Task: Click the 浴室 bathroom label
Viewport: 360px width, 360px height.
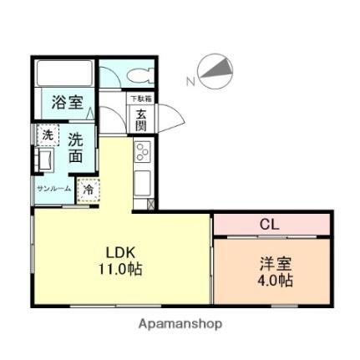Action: coord(67,103)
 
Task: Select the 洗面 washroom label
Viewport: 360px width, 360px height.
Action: coord(76,148)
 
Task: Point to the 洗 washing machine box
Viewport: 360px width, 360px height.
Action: coord(48,134)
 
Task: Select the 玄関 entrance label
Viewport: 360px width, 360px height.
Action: coord(141,121)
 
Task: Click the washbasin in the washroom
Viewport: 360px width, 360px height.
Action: coord(46,159)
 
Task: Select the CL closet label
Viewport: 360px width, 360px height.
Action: coord(268,224)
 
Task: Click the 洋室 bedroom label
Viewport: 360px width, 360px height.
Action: coord(275,263)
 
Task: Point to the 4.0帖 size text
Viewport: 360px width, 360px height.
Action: coord(275,281)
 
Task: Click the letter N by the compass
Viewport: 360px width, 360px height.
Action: coord(190,82)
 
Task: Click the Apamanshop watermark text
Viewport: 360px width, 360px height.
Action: coord(180,323)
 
